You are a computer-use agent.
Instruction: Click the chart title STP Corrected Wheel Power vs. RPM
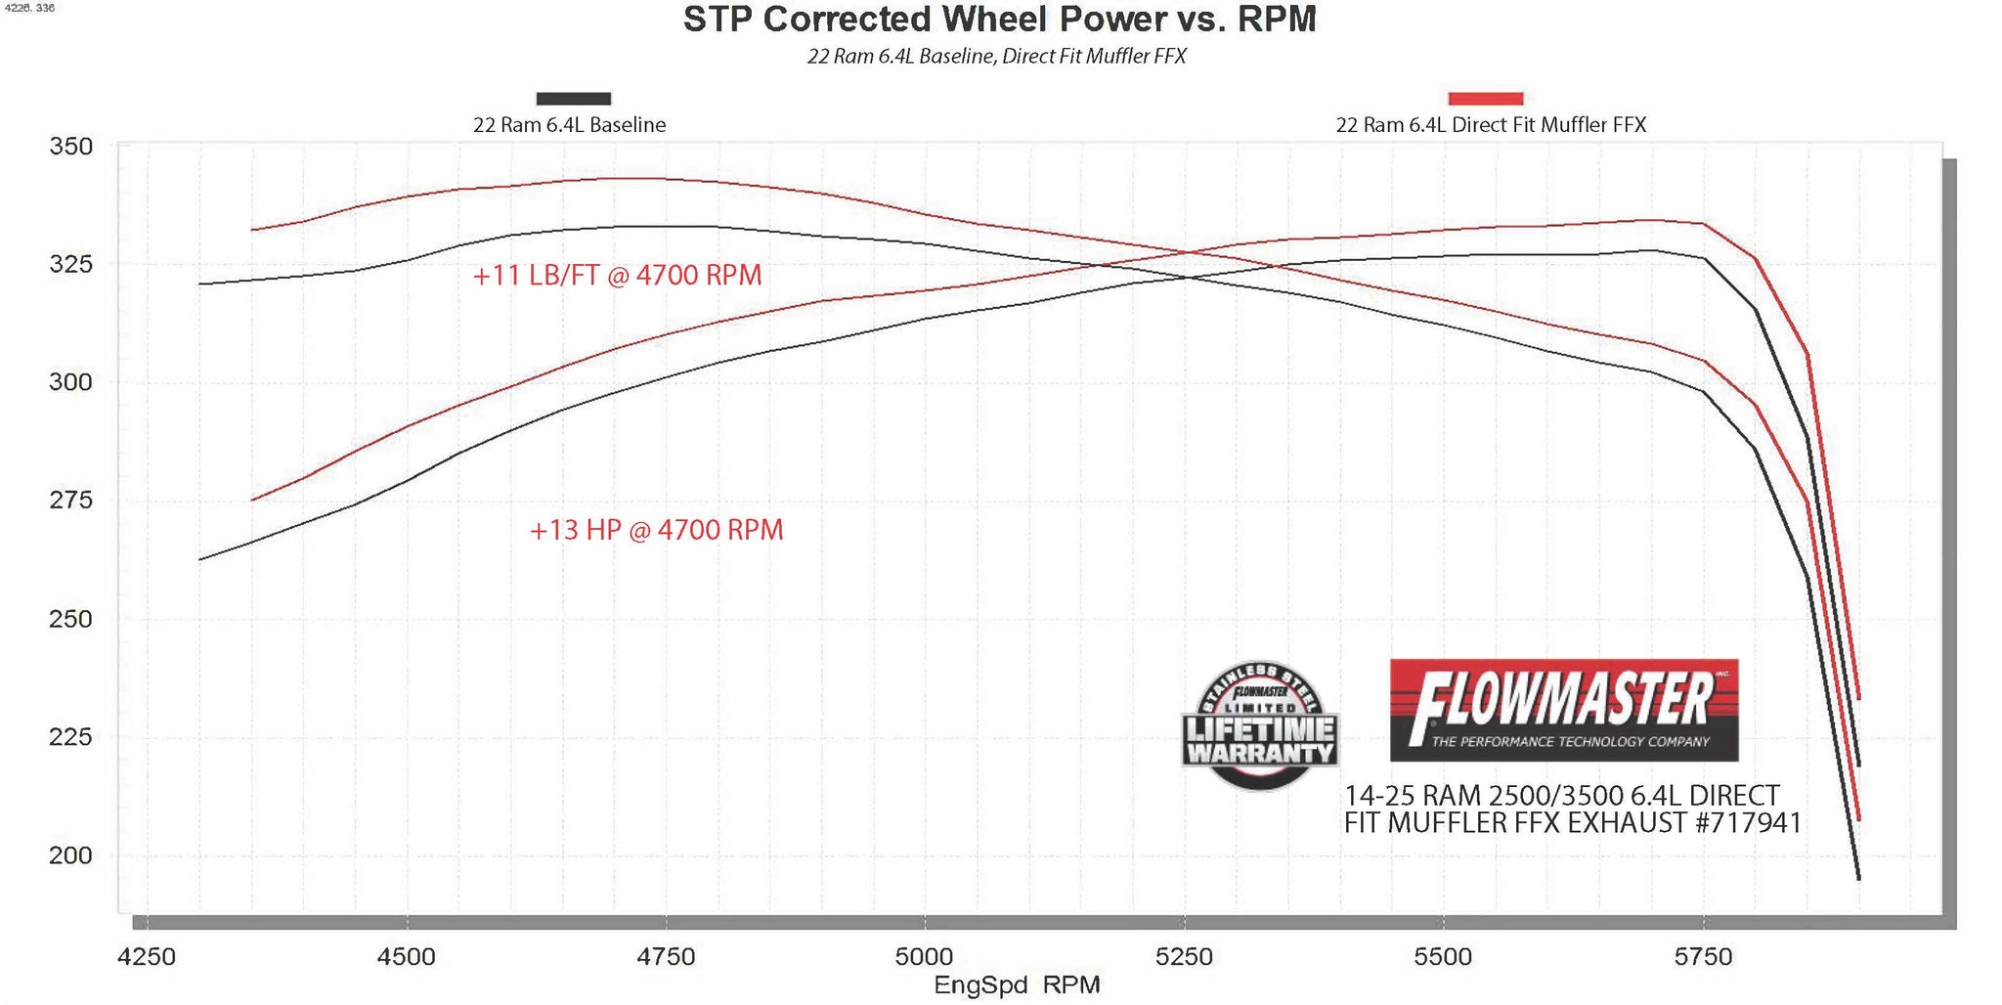coord(999,20)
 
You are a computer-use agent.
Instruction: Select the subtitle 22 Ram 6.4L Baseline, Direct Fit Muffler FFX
coord(996,57)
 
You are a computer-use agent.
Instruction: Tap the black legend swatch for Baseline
coord(574,99)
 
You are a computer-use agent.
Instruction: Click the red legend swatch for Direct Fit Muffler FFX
coord(1485,99)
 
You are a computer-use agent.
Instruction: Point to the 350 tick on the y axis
coord(71,147)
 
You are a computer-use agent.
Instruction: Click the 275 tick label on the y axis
coord(71,500)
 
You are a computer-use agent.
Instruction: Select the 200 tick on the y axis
coord(71,855)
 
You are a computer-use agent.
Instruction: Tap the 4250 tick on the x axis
coord(147,956)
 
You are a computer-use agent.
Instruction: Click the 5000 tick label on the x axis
coord(924,956)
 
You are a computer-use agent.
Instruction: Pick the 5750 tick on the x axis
coord(1703,956)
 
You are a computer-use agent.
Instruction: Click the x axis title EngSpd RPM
coord(1017,985)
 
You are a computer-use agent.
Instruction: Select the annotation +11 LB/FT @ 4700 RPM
coord(617,276)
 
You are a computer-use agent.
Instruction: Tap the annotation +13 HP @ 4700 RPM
coord(656,531)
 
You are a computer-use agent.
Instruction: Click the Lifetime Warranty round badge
coord(1260,725)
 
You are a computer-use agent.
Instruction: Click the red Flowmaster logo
coord(1563,709)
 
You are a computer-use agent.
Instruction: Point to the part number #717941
coord(1748,823)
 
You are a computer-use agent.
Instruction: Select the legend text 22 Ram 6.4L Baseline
coord(569,125)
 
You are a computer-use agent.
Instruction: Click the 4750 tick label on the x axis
coord(666,956)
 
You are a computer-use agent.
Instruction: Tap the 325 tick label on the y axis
coord(71,264)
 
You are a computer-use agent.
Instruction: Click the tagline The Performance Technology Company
coord(1570,742)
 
